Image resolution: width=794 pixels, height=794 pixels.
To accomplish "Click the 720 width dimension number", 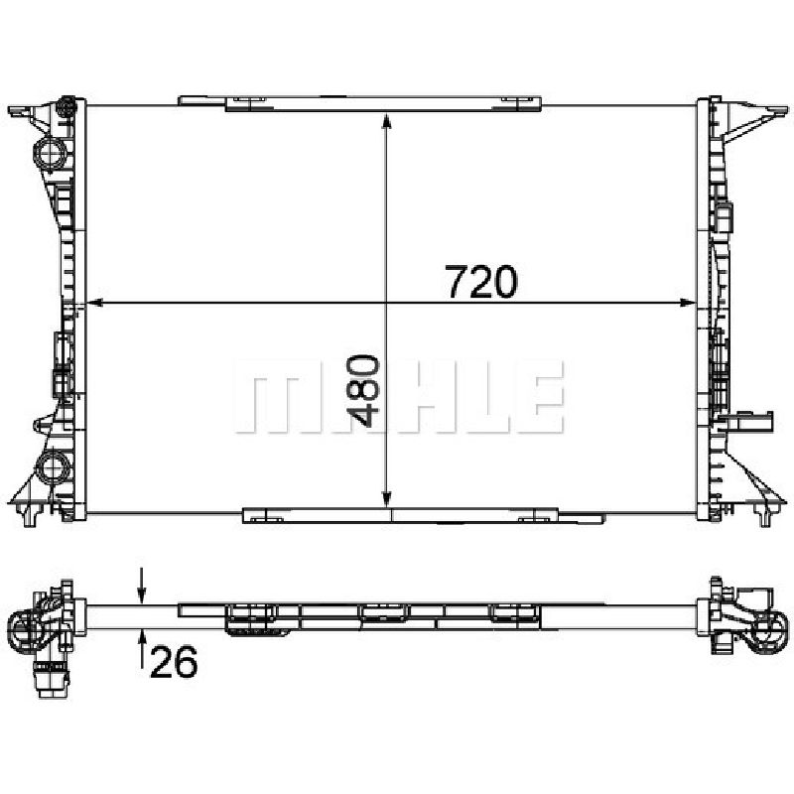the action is click(x=481, y=282).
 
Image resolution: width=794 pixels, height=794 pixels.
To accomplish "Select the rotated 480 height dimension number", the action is click(x=363, y=390).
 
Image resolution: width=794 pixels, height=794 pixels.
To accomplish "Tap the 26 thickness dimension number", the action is click(x=174, y=662).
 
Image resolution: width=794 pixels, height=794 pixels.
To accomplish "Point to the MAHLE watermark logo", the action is click(x=399, y=396).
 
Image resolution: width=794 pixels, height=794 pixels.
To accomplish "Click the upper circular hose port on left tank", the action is click(x=49, y=152).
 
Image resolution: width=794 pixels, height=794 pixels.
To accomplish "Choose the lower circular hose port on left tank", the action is click(x=52, y=466).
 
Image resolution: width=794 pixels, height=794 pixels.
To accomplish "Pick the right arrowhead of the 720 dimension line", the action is click(x=688, y=303).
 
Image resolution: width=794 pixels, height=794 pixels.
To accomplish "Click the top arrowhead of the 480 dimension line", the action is click(x=386, y=122).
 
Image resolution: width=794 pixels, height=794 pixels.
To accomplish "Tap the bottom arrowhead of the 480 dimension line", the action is click(x=386, y=498).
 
